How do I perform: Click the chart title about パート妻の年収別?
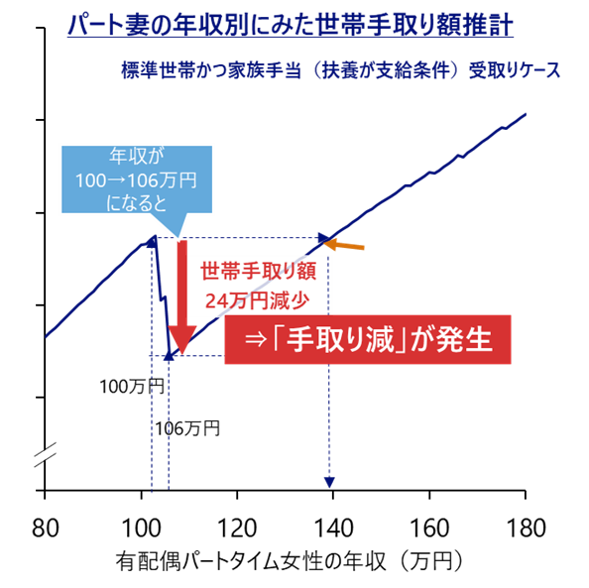(x=291, y=25)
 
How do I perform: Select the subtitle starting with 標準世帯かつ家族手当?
(x=340, y=70)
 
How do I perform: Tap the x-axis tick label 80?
(x=45, y=528)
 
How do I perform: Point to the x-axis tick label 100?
(x=141, y=528)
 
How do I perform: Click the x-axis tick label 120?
(x=237, y=528)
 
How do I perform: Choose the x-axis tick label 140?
(x=333, y=528)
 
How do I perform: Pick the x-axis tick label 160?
(x=429, y=528)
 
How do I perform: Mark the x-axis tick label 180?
(x=526, y=528)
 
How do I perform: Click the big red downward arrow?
(x=182, y=296)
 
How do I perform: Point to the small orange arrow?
(x=344, y=245)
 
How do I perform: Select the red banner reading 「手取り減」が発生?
(x=368, y=339)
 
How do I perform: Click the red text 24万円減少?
(x=257, y=300)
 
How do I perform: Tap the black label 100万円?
(x=132, y=387)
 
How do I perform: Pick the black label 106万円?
(x=187, y=428)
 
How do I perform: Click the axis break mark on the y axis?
(x=45, y=454)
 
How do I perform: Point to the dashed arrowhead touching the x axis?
(x=329, y=483)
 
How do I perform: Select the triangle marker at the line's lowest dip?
(x=169, y=355)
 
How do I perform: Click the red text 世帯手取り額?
(x=259, y=271)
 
